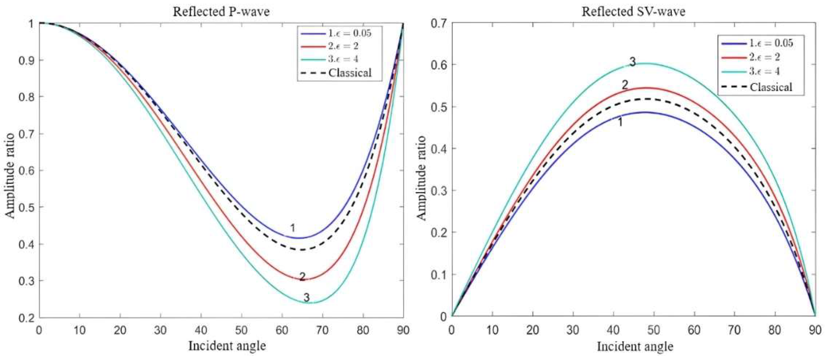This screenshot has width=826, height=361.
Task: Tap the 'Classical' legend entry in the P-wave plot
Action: pyautogui.click(x=349, y=73)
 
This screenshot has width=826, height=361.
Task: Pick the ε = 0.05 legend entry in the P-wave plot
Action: pyautogui.click(x=349, y=33)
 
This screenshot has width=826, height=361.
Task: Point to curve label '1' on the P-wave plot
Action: pyautogui.click(x=293, y=228)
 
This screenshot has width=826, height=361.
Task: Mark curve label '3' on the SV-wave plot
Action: pyautogui.click(x=632, y=62)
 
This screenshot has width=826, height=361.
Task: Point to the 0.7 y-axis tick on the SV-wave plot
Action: pyautogui.click(x=439, y=23)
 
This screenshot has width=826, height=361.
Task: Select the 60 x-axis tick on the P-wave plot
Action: pyautogui.click(x=282, y=330)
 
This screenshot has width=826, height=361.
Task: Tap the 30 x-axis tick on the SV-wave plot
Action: pyautogui.click(x=573, y=330)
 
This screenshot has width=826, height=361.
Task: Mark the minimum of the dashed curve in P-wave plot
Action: pyautogui.click(x=301, y=250)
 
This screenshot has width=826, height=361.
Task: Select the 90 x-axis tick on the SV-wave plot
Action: pyautogui.click(x=815, y=330)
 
